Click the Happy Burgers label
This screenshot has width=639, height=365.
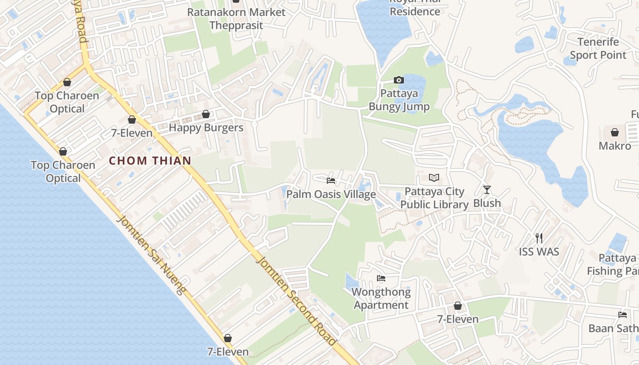click(x=206, y=128)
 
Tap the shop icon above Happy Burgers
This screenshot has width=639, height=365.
click(x=206, y=114)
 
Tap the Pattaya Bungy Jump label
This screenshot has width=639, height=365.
click(x=399, y=100)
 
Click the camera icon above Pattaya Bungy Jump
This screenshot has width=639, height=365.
click(x=398, y=80)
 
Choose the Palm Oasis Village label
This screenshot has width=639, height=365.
click(x=331, y=194)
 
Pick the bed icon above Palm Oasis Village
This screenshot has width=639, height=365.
click(x=331, y=181)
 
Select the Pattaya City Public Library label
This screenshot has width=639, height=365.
click(x=435, y=198)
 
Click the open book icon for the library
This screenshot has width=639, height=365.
click(x=434, y=177)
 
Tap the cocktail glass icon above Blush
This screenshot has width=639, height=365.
click(x=487, y=189)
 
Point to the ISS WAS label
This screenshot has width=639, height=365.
click(x=539, y=251)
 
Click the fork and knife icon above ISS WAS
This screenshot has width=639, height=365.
click(x=539, y=238)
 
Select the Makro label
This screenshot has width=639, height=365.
click(x=615, y=146)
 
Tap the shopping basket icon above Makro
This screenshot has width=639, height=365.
click(x=615, y=132)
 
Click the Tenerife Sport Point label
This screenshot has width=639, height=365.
click(x=598, y=48)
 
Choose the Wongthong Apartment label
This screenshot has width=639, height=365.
click(x=381, y=298)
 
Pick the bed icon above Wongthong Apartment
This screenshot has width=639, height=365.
click(x=381, y=278)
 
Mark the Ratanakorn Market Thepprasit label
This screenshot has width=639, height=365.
click(x=236, y=18)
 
